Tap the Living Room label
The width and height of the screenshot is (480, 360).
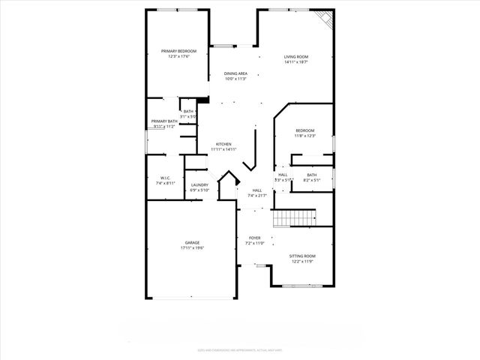(x=296, y=57)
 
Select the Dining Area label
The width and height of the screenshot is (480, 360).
(x=235, y=73)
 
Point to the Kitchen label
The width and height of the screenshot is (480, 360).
(x=223, y=144)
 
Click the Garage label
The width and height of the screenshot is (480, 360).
(x=193, y=242)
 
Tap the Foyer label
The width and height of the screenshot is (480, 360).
(x=254, y=238)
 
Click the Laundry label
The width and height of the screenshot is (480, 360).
(x=199, y=184)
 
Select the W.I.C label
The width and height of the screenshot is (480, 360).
(x=165, y=178)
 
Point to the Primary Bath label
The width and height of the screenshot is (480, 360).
(x=164, y=121)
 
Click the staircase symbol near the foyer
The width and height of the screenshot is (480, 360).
(x=293, y=217)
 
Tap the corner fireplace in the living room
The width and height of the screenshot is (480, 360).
(x=324, y=18)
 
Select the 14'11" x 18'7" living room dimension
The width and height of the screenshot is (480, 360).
(x=296, y=62)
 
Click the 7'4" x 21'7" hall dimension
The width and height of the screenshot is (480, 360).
(x=257, y=196)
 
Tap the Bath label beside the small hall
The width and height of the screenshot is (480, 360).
(x=311, y=175)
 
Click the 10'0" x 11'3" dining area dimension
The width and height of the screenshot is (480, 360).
(x=235, y=79)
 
